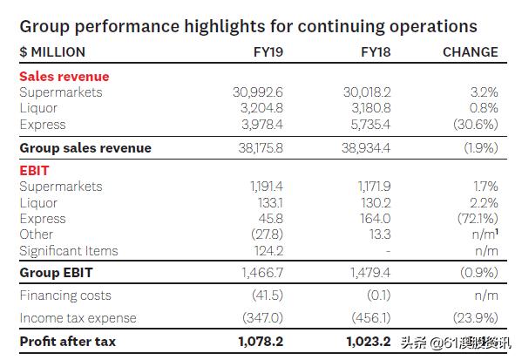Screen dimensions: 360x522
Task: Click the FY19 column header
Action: click(267, 51)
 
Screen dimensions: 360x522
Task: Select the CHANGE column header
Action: click(470, 51)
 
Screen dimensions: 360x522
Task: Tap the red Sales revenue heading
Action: click(64, 77)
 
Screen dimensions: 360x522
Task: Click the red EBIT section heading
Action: click(34, 171)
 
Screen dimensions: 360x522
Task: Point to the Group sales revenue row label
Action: click(85, 148)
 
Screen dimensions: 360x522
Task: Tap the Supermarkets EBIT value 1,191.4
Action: click(260, 187)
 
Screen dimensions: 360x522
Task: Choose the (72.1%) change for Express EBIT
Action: click(476, 219)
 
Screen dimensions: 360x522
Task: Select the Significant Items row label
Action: click(68, 251)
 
